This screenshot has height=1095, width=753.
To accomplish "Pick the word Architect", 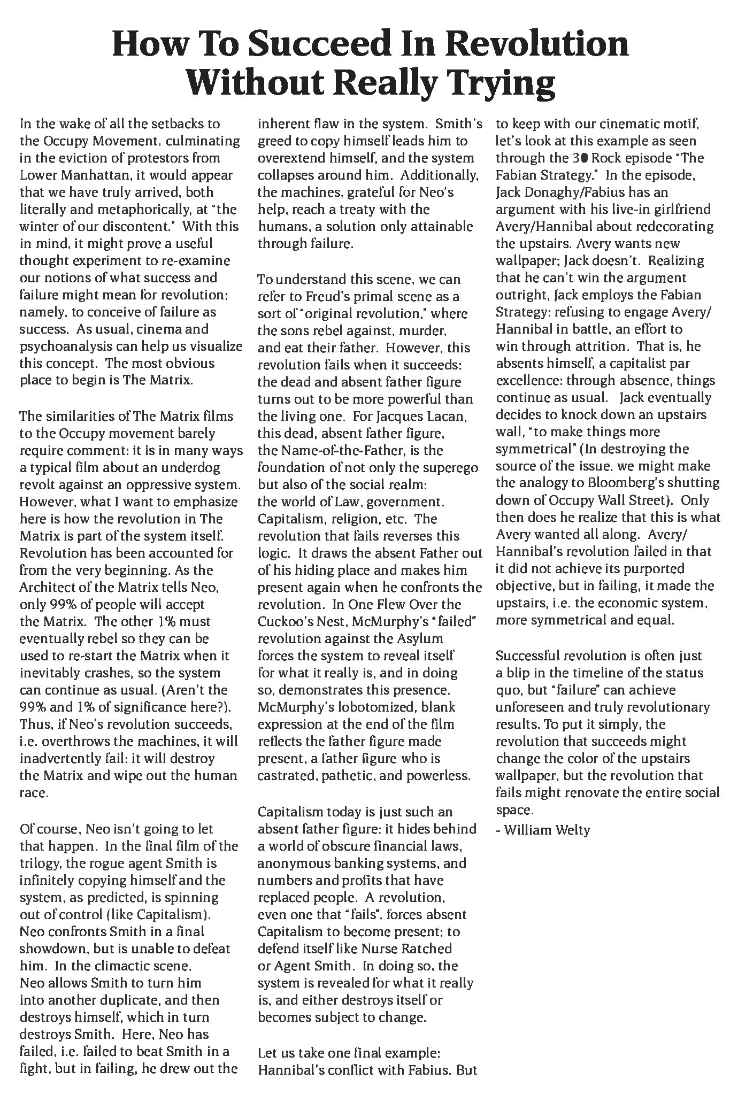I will tap(47, 587).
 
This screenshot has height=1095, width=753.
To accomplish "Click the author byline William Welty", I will tap(547, 830).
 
